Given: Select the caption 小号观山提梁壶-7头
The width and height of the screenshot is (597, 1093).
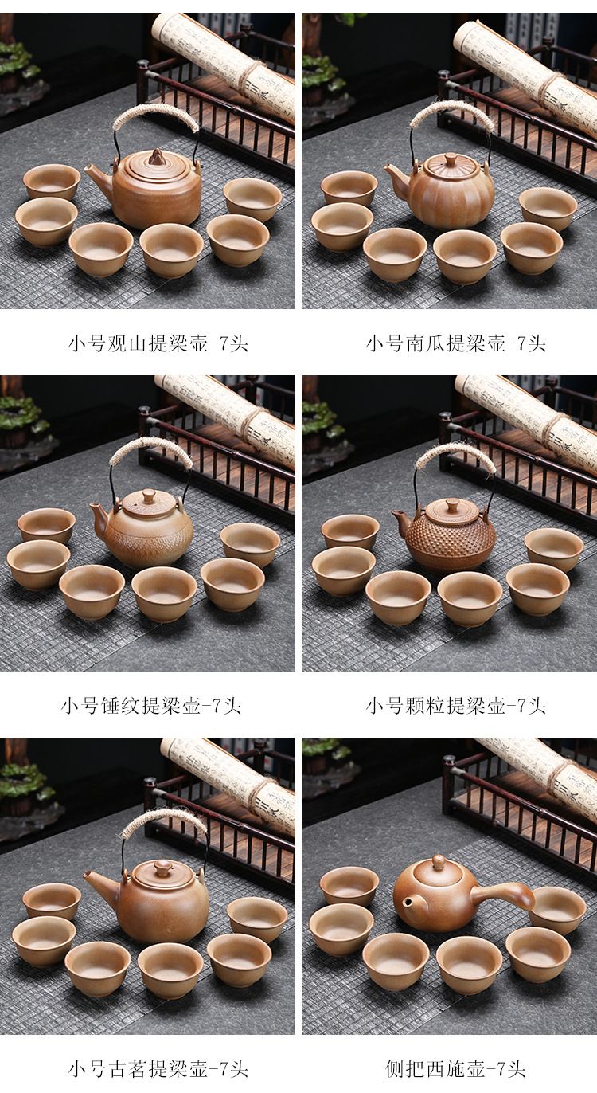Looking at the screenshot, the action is tap(158, 344).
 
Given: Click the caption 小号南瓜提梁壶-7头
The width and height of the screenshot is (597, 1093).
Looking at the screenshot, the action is tap(455, 344).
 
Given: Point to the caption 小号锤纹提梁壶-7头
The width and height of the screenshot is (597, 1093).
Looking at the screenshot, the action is tap(151, 706).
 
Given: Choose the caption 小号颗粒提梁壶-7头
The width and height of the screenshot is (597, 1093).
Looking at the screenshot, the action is tap(455, 706).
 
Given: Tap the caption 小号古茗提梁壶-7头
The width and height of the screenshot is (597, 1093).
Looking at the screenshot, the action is tap(158, 1069).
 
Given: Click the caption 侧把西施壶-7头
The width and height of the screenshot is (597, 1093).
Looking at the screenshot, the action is tap(455, 1069).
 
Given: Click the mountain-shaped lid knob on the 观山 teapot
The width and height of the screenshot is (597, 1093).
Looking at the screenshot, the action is tap(157, 157).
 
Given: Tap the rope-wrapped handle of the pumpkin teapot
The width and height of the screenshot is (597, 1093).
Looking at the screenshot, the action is tap(450, 113).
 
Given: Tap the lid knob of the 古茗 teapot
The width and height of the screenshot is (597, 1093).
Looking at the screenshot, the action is tap(162, 865).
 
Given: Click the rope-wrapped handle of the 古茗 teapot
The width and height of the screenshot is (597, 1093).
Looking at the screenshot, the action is tap(164, 824).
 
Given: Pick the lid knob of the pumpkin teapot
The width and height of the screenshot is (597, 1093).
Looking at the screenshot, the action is tap(450, 158).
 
